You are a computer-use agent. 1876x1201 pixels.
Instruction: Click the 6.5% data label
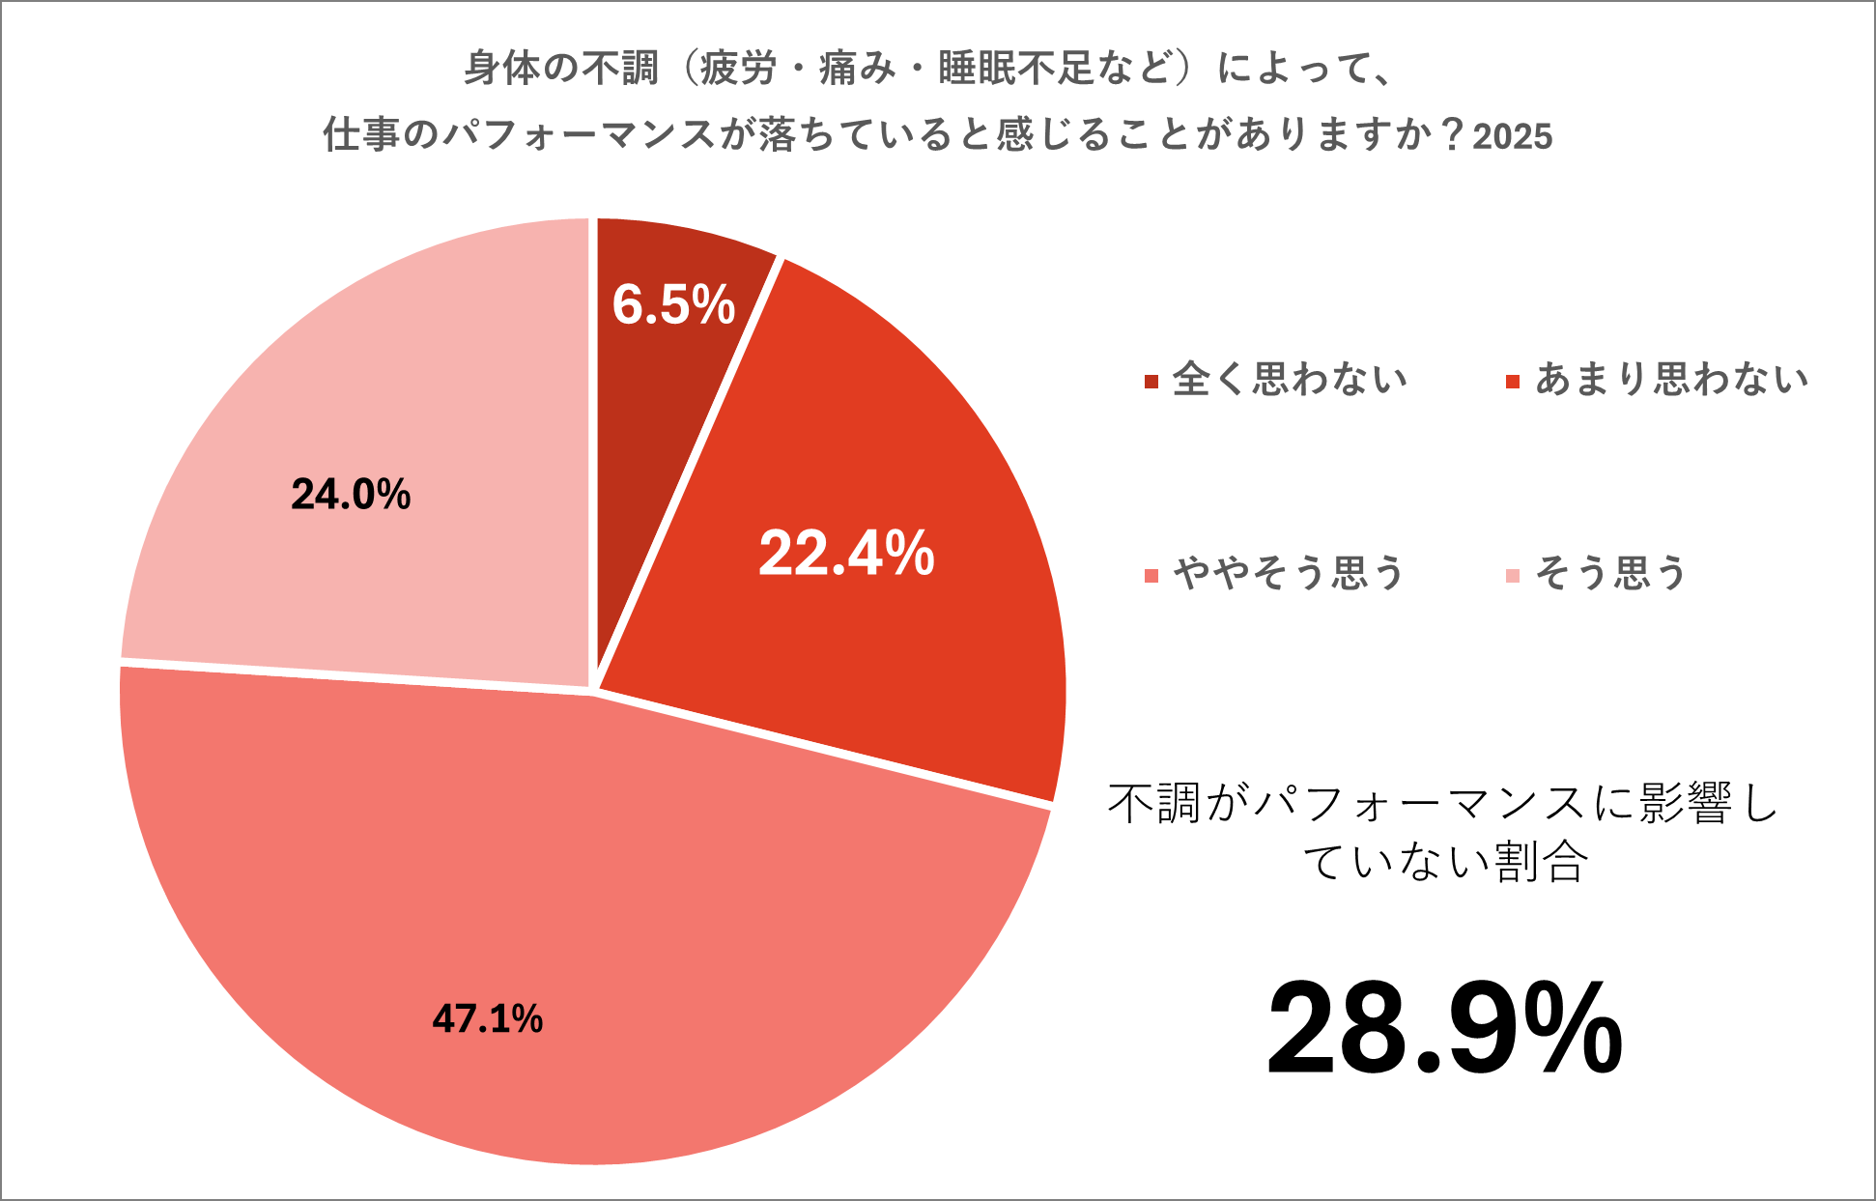tap(673, 304)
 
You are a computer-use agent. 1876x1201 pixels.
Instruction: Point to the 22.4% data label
tap(846, 554)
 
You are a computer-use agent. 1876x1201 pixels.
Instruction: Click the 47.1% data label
tap(487, 1019)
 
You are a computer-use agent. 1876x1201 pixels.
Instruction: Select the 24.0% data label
tap(351, 495)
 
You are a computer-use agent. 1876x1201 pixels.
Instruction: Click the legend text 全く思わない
tap(1290, 380)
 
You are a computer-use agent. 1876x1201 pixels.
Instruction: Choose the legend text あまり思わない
tap(1671, 380)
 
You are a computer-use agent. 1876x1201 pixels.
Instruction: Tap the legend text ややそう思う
tap(1289, 574)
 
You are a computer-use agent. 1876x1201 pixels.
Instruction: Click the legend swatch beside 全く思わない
tap(1151, 382)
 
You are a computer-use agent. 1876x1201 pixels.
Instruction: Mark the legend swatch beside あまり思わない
tap(1513, 382)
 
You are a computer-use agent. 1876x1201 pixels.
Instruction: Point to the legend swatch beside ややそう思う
tap(1151, 577)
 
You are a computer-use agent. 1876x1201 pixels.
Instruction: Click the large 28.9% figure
tap(1444, 1028)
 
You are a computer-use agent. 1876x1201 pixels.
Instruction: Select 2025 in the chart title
tap(1513, 136)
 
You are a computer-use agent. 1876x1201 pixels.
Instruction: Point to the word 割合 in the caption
tap(1541, 861)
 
